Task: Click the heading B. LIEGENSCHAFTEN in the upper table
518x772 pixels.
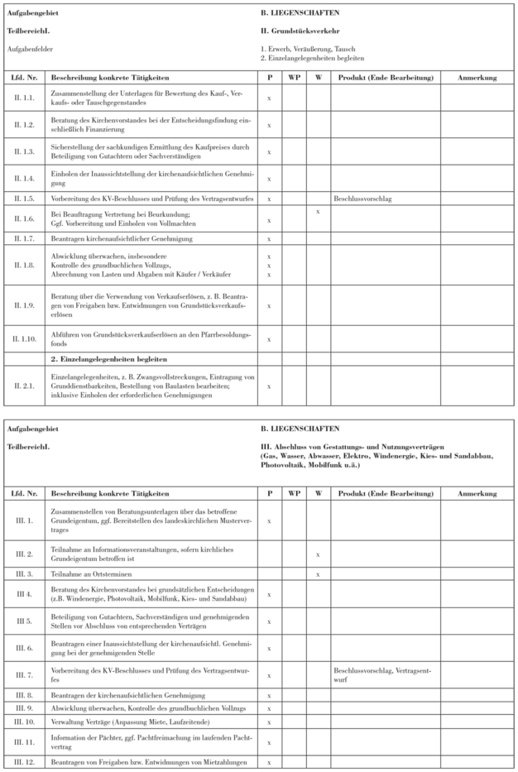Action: tap(300, 14)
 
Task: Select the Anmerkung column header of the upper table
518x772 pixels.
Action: tap(475, 79)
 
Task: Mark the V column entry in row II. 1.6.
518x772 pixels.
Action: tap(318, 213)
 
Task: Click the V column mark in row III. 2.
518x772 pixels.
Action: tap(318, 554)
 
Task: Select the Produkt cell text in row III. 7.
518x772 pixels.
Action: tap(380, 671)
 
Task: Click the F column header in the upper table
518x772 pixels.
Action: tap(269, 79)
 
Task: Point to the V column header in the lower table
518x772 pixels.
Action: tap(318, 494)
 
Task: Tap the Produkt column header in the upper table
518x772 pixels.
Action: tap(385, 79)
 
